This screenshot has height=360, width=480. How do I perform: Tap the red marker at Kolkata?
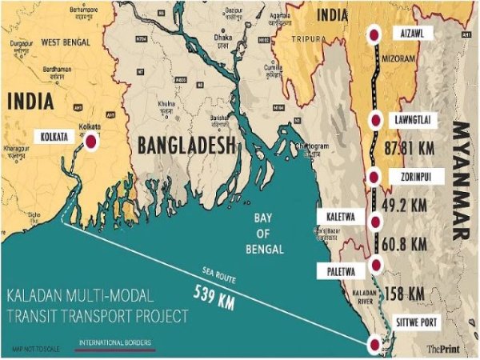click(x=91, y=141)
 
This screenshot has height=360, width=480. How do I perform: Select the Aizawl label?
click(x=410, y=34)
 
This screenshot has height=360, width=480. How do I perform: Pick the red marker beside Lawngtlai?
click(x=374, y=119)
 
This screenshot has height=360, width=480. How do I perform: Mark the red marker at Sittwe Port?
click(x=374, y=345)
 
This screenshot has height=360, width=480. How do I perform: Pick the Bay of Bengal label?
click(x=263, y=233)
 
